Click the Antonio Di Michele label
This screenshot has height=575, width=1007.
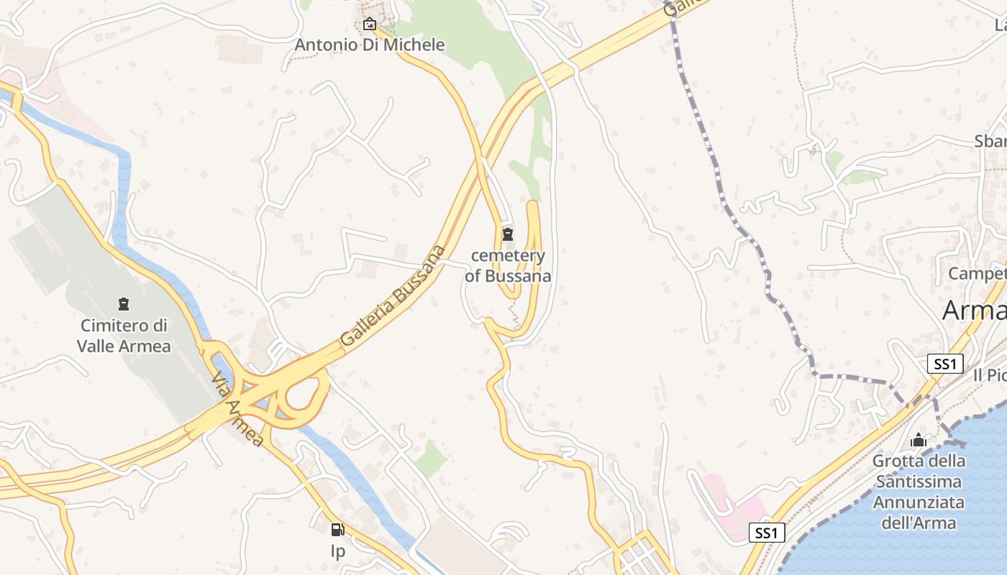(370, 45)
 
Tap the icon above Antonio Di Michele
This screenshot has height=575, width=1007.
(370, 24)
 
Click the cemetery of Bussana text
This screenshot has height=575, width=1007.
(508, 265)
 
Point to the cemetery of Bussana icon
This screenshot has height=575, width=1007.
(508, 234)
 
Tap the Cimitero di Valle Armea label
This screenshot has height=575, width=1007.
(124, 336)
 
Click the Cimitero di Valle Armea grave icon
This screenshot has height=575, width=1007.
(124, 304)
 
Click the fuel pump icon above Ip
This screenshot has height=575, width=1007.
(337, 530)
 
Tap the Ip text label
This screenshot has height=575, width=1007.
(337, 551)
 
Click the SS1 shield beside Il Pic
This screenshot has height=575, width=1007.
(945, 364)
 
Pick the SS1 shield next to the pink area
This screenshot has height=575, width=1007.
(766, 533)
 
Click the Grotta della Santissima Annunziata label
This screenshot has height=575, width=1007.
(919, 491)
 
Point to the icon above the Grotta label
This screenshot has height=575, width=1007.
(919, 440)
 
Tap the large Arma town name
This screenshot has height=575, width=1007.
(974, 310)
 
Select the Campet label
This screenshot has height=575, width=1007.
(977, 274)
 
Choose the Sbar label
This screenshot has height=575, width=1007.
(990, 141)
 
